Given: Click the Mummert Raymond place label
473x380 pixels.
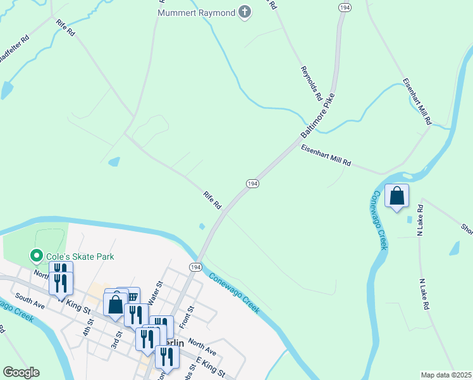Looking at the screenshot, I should [x=195, y=13].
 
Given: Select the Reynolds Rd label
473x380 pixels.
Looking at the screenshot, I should [x=311, y=84].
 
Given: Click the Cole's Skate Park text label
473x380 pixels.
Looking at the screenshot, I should [x=79, y=256].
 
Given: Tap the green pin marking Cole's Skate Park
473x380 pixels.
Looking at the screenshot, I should [x=37, y=256].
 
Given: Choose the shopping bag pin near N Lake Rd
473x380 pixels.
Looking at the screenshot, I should [x=396, y=196].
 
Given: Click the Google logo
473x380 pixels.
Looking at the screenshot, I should [x=21, y=372].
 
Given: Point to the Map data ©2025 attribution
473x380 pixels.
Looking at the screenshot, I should [x=446, y=375].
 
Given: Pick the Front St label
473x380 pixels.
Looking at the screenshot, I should [x=184, y=317].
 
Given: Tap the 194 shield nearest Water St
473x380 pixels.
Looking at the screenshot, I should [x=195, y=267].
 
